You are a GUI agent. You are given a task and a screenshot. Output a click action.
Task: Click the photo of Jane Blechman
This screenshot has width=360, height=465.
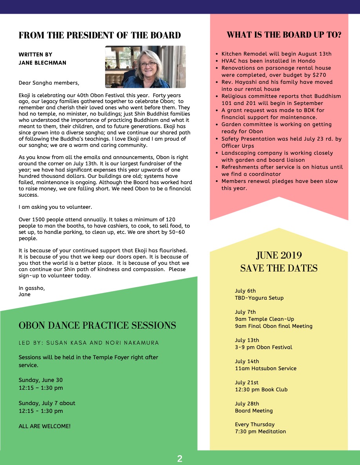[145, 67]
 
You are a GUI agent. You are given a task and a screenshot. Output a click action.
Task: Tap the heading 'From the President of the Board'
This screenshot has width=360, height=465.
[100, 35]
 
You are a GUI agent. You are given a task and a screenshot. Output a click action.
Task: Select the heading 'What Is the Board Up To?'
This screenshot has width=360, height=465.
[284, 34]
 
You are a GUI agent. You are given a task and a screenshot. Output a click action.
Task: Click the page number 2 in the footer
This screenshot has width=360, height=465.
[180, 459]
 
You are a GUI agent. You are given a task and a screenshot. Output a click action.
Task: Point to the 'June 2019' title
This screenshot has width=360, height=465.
[279, 255]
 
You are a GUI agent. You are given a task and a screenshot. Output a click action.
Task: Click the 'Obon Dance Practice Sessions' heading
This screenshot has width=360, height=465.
[97, 325]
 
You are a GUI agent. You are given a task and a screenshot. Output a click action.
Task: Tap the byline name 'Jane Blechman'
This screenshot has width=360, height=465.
[42, 63]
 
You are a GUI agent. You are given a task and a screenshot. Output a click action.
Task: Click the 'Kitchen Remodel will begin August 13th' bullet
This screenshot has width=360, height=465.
[276, 54]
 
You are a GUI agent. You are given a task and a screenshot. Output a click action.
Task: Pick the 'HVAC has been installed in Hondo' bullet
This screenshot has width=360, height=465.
[268, 61]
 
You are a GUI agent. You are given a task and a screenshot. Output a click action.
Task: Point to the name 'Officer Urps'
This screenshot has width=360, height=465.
[238, 146]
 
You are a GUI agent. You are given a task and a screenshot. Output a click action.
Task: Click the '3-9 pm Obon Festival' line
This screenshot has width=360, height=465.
[264, 347]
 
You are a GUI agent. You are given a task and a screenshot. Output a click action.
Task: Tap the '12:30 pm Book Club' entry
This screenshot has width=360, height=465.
[261, 389]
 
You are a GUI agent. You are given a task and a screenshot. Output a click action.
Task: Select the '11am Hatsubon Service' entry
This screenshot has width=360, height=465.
[265, 368]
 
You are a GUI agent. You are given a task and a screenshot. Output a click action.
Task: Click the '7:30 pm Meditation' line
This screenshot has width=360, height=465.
[260, 431]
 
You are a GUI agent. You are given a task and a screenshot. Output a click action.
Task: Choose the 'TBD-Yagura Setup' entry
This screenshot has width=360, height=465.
[259, 298]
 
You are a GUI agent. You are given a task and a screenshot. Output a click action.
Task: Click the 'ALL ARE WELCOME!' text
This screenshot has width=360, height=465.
[45, 426]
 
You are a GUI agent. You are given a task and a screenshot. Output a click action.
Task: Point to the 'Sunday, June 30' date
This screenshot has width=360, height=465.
[41, 380]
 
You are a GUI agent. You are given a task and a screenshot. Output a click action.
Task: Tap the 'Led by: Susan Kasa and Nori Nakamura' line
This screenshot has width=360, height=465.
[89, 343]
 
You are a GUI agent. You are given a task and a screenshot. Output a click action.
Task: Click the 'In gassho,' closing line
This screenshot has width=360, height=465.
[32, 288]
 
